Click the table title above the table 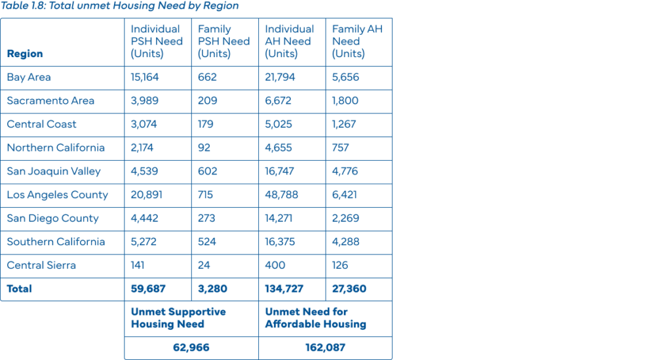120,7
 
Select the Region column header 25,54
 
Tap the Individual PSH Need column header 156,41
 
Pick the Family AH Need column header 357,41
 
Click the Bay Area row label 29,77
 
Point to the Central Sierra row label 41,266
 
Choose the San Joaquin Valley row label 54,171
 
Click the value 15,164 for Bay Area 145,77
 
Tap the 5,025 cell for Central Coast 280,125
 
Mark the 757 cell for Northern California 341,148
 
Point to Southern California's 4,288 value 346,242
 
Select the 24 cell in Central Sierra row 204,266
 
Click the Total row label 20,289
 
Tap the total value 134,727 286,289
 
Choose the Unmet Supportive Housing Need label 178,318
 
